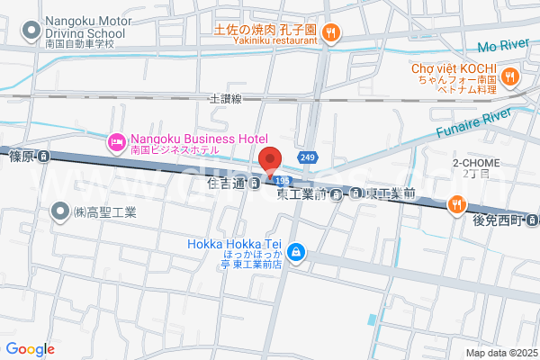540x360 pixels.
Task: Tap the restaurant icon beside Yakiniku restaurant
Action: (331, 33)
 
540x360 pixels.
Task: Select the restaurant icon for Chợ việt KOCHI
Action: (510, 77)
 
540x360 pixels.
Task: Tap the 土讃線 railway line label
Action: (226, 98)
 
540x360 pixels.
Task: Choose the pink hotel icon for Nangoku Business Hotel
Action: (117, 141)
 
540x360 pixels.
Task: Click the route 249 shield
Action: (308, 157)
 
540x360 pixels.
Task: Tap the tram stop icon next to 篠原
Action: (44, 156)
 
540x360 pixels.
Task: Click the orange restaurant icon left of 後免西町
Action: (457, 205)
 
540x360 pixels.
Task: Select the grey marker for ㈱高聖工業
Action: (60, 212)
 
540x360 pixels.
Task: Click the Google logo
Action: (31, 349)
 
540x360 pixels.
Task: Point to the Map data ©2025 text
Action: (500, 352)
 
